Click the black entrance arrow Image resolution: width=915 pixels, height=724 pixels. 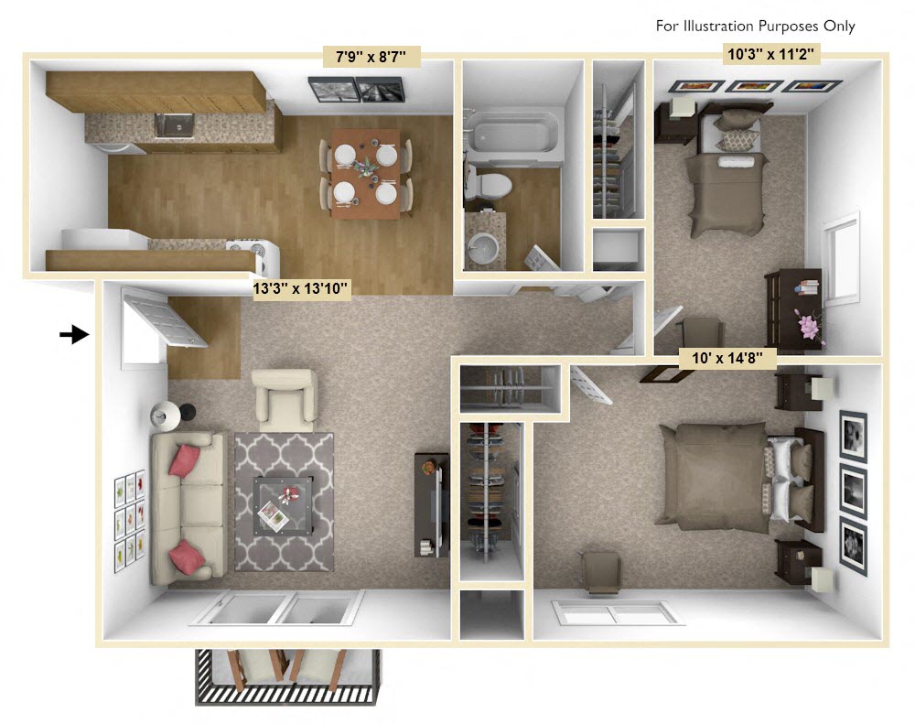pos(74,335)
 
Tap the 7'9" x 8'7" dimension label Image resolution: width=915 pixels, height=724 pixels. pos(371,58)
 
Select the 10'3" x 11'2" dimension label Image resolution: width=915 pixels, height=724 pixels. pos(770,54)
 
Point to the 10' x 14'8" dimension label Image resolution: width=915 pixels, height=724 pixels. pos(728,356)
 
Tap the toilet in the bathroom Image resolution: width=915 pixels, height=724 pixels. pos(488,183)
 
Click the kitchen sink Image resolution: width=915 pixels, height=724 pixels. pos(173,124)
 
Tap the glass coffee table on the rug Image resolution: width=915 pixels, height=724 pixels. pos(285,504)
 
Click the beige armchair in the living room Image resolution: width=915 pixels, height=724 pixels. pos(284,399)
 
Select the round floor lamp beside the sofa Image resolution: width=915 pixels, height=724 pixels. pos(167,416)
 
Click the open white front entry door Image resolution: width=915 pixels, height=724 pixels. pos(165,317)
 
